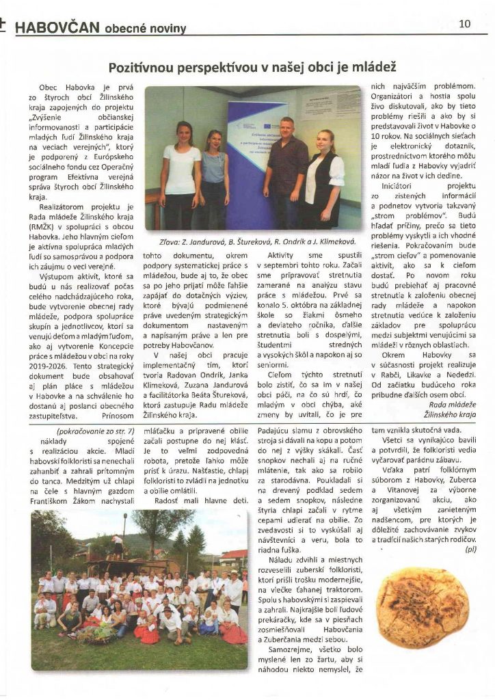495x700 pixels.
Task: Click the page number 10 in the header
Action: [x=464, y=23]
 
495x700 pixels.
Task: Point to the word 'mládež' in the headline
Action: [x=375, y=68]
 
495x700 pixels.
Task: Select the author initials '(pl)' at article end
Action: [x=470, y=548]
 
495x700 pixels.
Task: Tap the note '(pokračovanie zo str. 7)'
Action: [x=87, y=432]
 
